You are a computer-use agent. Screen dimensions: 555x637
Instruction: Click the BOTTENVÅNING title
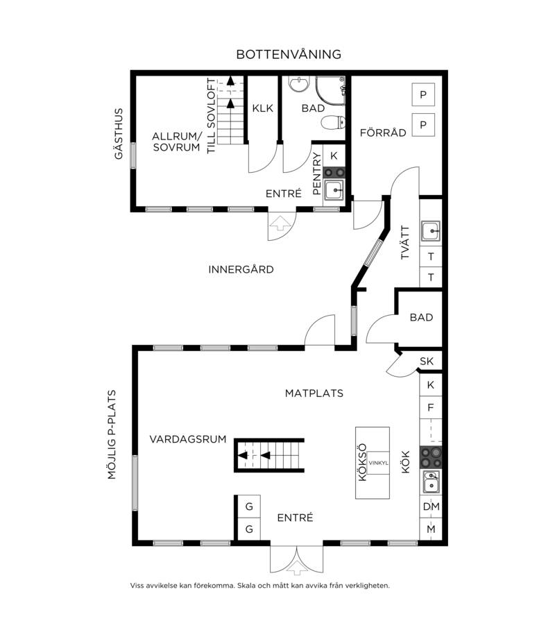pyautogui.click(x=289, y=54)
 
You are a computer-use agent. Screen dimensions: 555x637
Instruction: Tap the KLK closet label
pyautogui.click(x=262, y=108)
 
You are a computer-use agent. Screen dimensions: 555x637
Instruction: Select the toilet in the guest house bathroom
pyautogui.click(x=333, y=122)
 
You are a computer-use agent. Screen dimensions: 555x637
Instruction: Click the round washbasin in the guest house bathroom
pyautogui.click(x=298, y=85)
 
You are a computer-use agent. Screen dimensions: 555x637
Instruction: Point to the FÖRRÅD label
pyautogui.click(x=383, y=133)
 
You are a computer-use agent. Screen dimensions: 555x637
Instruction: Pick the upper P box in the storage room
pyautogui.click(x=423, y=94)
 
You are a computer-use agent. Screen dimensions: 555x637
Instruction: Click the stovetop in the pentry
pyautogui.click(x=334, y=173)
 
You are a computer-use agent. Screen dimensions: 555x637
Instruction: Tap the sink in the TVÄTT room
pyautogui.click(x=430, y=232)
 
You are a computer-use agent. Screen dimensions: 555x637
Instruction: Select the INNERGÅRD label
pyautogui.click(x=241, y=269)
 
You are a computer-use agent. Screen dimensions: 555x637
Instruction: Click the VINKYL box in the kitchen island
pyautogui.click(x=378, y=463)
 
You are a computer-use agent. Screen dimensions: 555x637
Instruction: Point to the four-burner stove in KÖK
pyautogui.click(x=431, y=457)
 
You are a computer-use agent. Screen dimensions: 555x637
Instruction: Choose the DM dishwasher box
pyautogui.click(x=431, y=507)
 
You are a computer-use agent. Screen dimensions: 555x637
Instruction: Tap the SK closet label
pyautogui.click(x=427, y=361)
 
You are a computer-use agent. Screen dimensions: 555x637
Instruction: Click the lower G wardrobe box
pyautogui.click(x=249, y=529)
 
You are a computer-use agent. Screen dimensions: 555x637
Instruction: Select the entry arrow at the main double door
pyautogui.click(x=297, y=568)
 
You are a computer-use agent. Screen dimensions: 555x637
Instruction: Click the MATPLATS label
pyautogui.click(x=314, y=393)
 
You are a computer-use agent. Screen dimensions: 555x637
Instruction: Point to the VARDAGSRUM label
pyautogui.click(x=188, y=439)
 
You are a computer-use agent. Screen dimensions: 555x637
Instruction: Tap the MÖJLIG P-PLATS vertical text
pyautogui.click(x=112, y=434)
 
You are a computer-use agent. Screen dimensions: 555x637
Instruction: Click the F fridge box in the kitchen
pyautogui.click(x=431, y=407)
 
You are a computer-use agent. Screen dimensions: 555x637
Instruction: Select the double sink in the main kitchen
pyautogui.click(x=431, y=482)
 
